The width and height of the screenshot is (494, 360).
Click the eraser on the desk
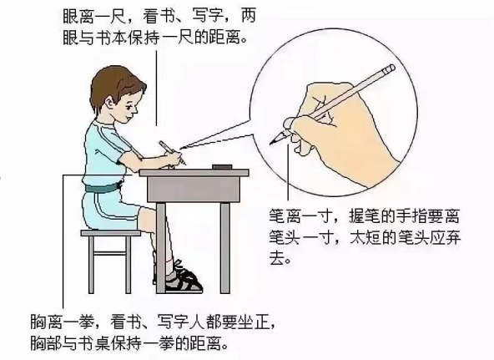(x=222, y=167)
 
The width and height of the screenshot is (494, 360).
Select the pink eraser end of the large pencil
(x=391, y=68)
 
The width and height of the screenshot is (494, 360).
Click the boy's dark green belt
(x=102, y=187)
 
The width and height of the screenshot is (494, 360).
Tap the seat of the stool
(x=111, y=233)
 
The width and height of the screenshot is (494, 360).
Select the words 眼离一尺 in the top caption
(x=94, y=17)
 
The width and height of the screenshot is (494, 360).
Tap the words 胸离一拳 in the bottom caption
(x=62, y=322)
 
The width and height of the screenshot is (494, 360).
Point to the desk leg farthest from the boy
(x=225, y=248)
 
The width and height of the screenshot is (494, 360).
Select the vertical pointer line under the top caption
(x=157, y=89)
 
